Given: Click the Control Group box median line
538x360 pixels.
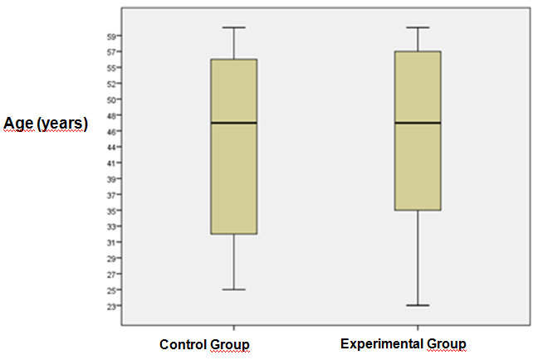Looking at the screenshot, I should [x=234, y=123].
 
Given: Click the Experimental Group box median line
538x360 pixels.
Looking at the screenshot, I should [x=418, y=123].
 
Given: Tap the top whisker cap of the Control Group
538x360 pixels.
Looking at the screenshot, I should [x=234, y=27].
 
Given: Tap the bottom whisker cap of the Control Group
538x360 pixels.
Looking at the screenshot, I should [x=234, y=289].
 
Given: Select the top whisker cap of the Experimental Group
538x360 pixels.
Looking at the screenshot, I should [x=418, y=27].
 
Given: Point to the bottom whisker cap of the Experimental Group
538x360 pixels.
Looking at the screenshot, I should [x=418, y=305].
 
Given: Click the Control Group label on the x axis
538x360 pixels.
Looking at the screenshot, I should [x=204, y=343].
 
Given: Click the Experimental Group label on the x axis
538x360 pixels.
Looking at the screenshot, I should [x=403, y=343].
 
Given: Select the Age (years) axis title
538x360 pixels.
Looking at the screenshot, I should [x=45, y=124].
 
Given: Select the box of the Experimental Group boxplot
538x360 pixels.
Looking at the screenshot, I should [x=418, y=166].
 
